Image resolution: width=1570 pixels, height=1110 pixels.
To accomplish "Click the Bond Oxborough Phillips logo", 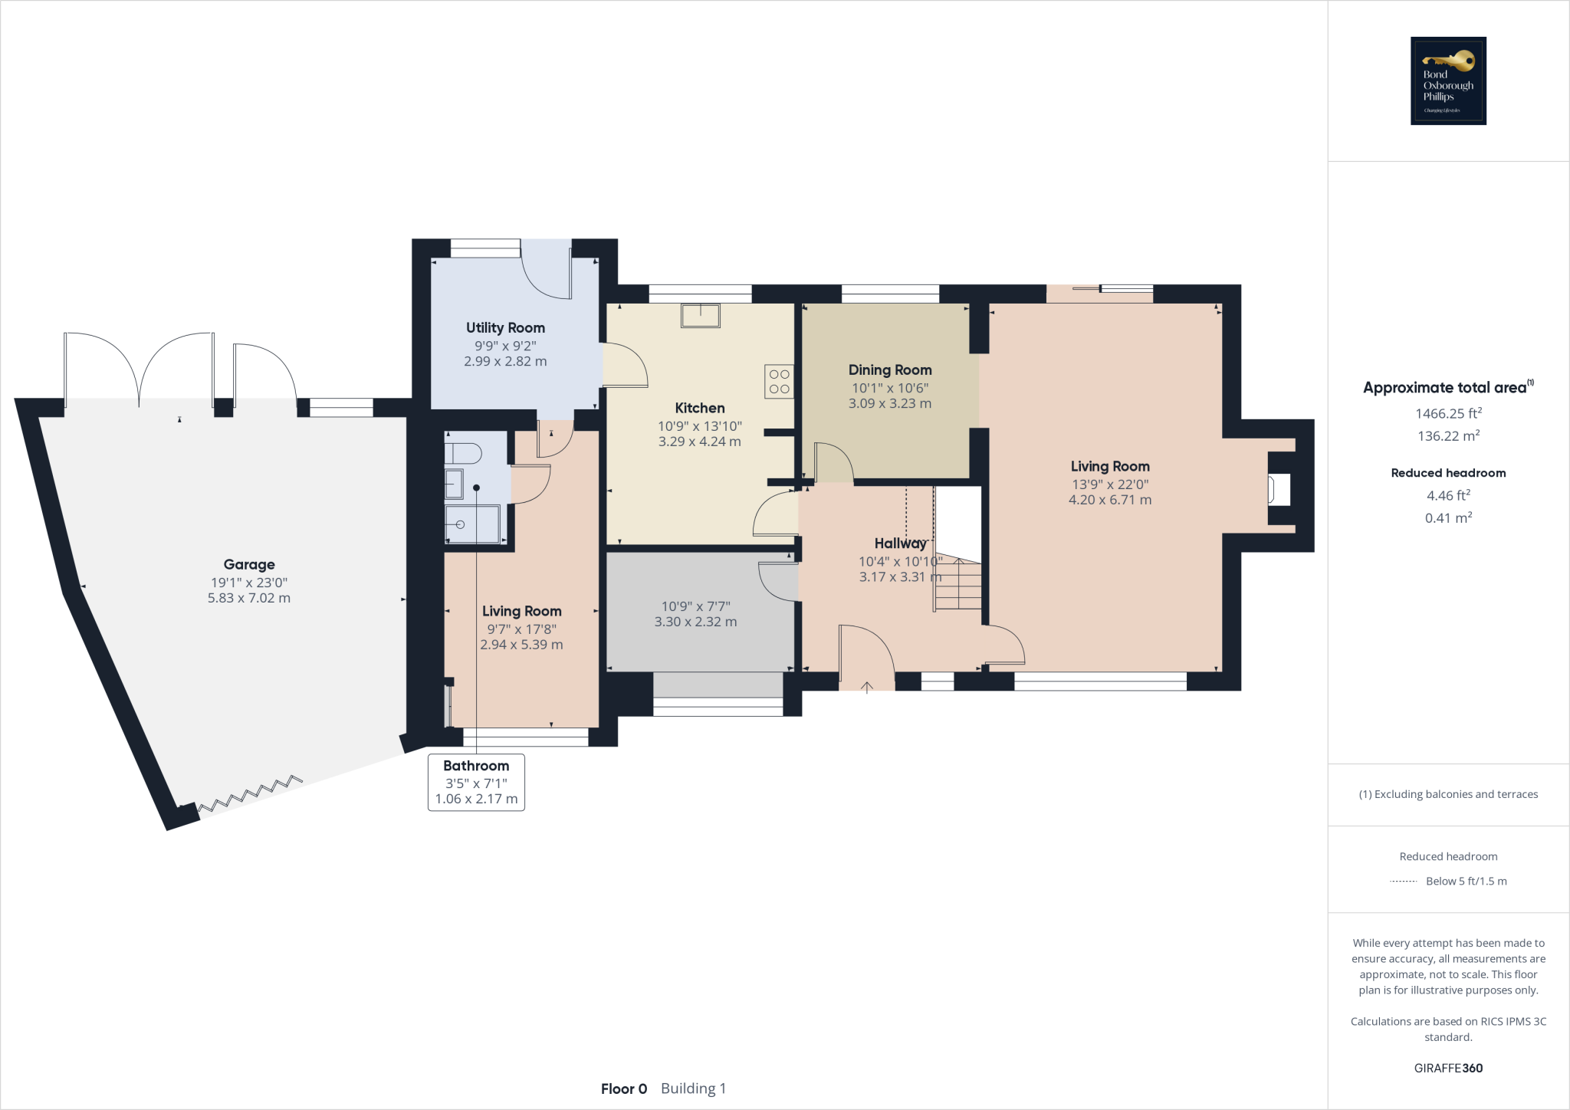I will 1448,80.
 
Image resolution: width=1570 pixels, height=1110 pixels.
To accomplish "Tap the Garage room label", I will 249,565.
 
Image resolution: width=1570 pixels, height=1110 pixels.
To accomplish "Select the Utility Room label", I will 505,328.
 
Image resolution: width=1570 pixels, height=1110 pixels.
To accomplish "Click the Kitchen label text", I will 699,409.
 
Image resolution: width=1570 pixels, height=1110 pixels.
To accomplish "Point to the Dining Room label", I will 889,370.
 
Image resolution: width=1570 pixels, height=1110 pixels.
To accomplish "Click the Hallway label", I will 900,544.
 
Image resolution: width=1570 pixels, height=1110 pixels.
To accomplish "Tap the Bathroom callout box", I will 476,782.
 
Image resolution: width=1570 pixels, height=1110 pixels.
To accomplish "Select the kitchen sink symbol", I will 700,315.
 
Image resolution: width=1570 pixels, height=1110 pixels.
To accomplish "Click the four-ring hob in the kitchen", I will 779,382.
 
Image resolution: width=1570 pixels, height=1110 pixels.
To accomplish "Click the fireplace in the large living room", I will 1278,489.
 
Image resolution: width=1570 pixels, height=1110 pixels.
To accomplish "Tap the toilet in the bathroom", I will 462,454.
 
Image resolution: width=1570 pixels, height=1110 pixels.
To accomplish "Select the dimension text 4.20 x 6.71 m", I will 1109,500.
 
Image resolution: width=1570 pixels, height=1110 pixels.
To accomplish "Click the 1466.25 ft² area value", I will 1448,414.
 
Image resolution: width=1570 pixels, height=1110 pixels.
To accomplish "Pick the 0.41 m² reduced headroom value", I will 1448,518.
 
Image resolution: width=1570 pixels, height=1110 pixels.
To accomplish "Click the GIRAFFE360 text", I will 1448,1068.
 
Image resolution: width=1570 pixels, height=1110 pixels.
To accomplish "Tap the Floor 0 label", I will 624,1089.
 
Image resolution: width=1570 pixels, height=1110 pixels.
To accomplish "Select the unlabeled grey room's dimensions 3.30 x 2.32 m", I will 695,622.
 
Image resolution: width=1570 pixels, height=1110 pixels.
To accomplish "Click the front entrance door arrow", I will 867,687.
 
